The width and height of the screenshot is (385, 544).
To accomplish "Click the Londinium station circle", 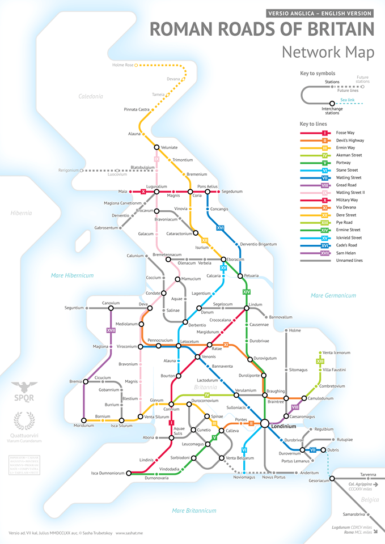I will [265, 423].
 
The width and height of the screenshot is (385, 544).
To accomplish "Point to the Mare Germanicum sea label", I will [333, 295].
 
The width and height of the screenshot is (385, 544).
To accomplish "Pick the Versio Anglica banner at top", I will [319, 13].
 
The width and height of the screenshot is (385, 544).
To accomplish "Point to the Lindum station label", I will [256, 305].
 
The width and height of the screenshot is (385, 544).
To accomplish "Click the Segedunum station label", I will [232, 192].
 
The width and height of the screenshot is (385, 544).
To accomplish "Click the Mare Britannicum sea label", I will [194, 511].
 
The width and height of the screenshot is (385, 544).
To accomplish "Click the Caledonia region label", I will [91, 96].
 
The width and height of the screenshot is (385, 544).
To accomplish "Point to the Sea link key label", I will [348, 99].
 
